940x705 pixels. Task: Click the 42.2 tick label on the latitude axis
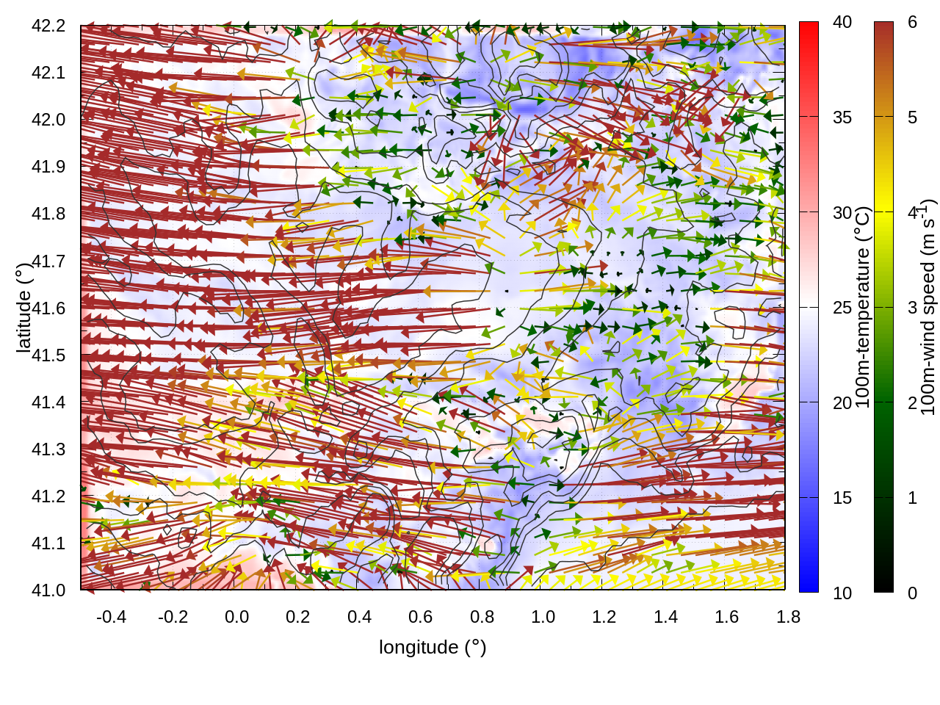[48, 26]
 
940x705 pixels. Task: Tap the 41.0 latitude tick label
[48, 590]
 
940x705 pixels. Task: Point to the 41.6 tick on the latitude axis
[48, 308]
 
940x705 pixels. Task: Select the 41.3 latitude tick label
[48, 449]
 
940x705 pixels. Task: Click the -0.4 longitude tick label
[111, 617]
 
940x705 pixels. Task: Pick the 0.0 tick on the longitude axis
[236, 617]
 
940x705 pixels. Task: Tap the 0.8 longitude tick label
[482, 617]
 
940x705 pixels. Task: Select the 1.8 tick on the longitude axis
[788, 617]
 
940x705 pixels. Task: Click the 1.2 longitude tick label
[604, 617]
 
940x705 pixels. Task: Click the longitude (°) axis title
[433, 647]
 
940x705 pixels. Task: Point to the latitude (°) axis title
[23, 308]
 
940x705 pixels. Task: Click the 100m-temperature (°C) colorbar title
[864, 308]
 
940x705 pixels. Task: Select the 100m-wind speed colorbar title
[928, 308]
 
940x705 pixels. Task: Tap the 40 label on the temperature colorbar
[842, 22]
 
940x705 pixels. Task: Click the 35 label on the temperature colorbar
[842, 117]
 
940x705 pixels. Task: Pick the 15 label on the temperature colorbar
[842, 498]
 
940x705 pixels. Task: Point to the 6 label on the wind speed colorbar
[912, 22]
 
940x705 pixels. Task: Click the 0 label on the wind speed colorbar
[912, 593]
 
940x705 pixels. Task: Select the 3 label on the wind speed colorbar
[912, 308]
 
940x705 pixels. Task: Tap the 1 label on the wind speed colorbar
[912, 498]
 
